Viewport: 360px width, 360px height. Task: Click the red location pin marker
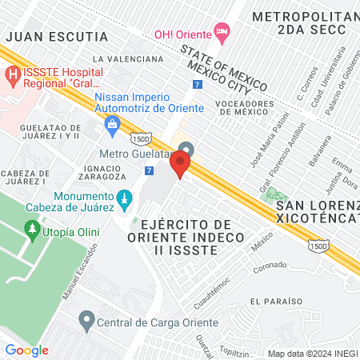click(x=181, y=165)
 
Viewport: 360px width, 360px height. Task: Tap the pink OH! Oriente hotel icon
click(x=222, y=31)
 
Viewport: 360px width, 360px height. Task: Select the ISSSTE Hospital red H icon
click(x=13, y=75)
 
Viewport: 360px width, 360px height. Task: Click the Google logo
click(x=26, y=350)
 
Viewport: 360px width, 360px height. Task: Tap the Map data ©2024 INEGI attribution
click(x=312, y=353)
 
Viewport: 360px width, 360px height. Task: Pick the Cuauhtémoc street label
click(x=213, y=291)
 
